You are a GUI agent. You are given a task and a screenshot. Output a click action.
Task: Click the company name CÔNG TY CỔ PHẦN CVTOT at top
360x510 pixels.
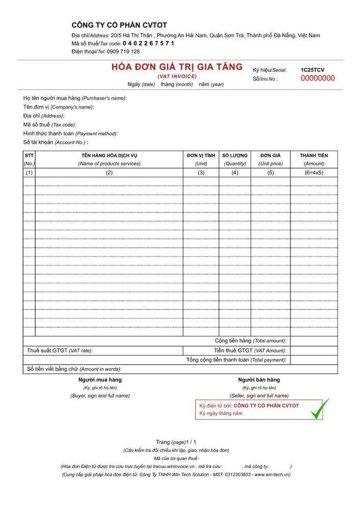pos(119,25)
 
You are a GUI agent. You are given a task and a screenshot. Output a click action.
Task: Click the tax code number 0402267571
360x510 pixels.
pos(148,43)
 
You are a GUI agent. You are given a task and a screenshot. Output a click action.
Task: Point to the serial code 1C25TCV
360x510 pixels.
pos(312,70)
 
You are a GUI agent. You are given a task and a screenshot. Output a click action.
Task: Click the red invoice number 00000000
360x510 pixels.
pos(318,79)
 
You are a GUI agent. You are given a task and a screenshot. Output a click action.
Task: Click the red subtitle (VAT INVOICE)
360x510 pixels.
pos(177,76)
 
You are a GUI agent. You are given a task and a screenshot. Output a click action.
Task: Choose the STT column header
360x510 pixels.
pos(29,155)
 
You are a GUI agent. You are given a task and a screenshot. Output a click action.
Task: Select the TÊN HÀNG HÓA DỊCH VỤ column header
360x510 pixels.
pos(109,155)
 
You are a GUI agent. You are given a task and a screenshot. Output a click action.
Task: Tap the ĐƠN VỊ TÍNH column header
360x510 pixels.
pos(201,155)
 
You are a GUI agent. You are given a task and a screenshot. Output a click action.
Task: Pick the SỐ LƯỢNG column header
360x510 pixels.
pos(235,155)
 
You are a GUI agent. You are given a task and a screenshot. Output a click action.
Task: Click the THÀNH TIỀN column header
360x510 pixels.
pos(314,155)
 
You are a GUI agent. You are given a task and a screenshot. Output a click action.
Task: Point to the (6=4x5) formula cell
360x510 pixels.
pos(314,172)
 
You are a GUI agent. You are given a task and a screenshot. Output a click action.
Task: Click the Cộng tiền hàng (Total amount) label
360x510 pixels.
pos(250,341)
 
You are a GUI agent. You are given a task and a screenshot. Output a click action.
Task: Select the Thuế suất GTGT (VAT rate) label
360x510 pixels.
pos(60,350)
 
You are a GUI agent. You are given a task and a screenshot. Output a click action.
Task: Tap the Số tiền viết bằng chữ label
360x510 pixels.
pos(74,369)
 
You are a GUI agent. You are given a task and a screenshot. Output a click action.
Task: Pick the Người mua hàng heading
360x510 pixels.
pos(100,379)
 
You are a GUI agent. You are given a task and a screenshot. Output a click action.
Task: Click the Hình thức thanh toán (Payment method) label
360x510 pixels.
pos(70,134)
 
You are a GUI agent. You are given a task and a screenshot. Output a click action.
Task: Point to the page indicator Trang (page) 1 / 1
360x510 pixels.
pos(176,442)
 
